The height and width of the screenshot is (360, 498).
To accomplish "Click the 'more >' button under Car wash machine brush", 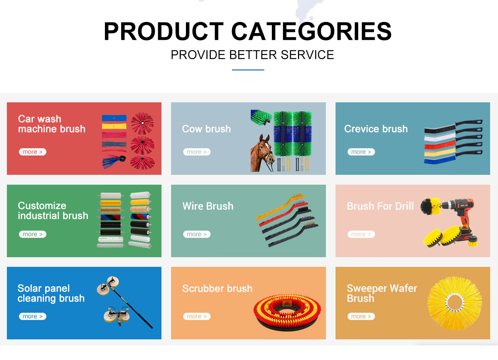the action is tap(32, 152).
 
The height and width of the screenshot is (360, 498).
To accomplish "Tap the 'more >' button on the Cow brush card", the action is tap(197, 152).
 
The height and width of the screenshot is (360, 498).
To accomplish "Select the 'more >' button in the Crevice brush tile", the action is tap(361, 152).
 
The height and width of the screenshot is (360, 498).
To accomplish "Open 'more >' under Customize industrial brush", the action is tap(32, 234).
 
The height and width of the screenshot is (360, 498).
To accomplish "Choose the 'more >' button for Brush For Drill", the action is tap(361, 234).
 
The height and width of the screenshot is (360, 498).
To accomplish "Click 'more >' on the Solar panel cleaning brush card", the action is tap(32, 316).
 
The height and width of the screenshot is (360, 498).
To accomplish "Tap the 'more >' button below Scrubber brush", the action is tap(197, 316).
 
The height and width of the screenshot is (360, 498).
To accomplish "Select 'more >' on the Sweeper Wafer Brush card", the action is tap(361, 316).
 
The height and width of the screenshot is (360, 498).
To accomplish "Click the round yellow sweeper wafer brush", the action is tap(455, 303).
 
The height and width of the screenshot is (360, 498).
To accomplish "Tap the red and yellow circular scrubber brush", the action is tap(287, 311).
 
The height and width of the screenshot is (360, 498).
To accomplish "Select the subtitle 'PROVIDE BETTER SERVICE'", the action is tap(252, 55).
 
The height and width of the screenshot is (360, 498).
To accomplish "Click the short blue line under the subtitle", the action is tap(248, 70).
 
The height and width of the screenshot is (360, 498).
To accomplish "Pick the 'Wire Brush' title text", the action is tap(208, 206).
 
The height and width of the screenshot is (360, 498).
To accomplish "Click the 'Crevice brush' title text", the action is tap(376, 129).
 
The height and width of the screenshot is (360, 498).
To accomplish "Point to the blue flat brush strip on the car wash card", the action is tap(114, 118).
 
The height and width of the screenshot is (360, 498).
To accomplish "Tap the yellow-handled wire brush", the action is tap(281, 206).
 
